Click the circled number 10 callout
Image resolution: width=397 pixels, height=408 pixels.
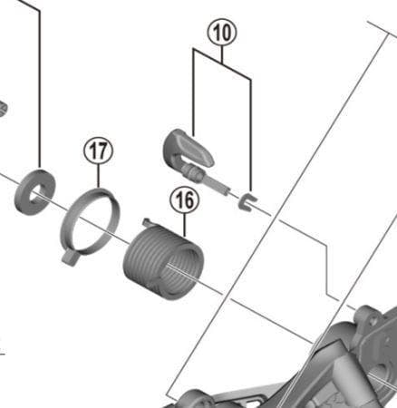(x=222, y=32)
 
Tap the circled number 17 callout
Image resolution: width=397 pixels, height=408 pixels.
(x=98, y=151)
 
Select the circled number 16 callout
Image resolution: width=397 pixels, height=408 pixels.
(x=185, y=200)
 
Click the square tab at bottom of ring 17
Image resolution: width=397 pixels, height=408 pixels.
(x=70, y=258)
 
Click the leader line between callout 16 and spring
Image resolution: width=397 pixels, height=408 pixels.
(x=185, y=226)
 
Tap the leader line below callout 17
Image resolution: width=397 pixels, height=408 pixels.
(x=98, y=176)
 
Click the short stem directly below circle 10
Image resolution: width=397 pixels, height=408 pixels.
(x=222, y=54)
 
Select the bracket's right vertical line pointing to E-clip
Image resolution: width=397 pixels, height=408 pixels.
(x=250, y=135)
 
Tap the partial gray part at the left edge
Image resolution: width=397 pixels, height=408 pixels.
(x=3, y=108)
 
